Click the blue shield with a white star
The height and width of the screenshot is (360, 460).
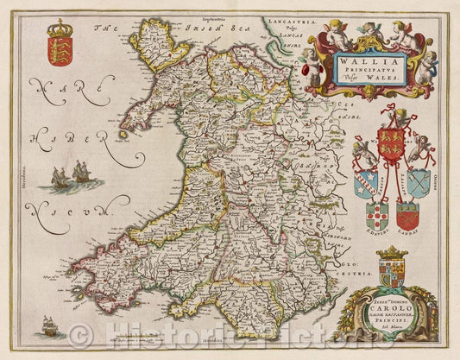418,181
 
